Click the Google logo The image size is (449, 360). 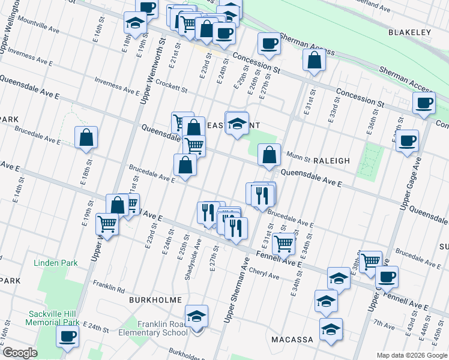pyautogui.click(x=20, y=353)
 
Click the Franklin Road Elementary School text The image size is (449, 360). pyautogui.click(x=154, y=328)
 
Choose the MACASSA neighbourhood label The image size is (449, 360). pyautogui.click(x=292, y=340)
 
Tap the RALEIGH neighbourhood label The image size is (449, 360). pyautogui.click(x=331, y=161)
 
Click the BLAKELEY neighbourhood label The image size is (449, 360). pyautogui.click(x=410, y=32)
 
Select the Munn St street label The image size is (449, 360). pyautogui.click(x=295, y=156)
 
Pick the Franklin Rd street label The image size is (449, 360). pyautogui.click(x=108, y=287)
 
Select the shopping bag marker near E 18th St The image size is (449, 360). pyautogui.click(x=86, y=137)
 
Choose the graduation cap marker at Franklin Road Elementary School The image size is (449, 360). pyautogui.click(x=197, y=316)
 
